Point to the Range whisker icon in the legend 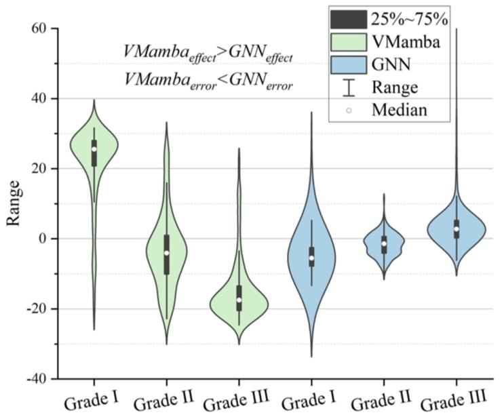[x=349, y=87]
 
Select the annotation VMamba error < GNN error [x=208, y=80]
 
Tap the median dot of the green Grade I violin [x=94, y=149]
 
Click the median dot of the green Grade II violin [x=166, y=253]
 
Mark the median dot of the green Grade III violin [x=239, y=300]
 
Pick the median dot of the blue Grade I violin [x=311, y=258]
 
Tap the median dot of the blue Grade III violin [x=457, y=229]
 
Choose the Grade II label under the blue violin [x=381, y=400]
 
